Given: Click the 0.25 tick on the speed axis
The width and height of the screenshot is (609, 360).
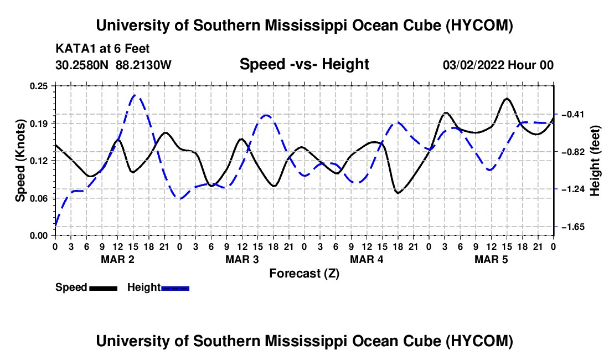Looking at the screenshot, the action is pyautogui.click(x=39, y=86).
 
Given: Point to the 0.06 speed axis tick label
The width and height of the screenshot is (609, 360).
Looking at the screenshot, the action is pyautogui.click(x=39, y=198).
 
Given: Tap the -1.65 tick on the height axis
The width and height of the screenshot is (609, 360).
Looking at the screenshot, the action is pyautogui.click(x=573, y=227).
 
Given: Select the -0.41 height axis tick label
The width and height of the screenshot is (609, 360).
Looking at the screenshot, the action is pyautogui.click(x=573, y=114).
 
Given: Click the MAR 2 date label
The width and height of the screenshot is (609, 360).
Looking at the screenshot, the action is pyautogui.click(x=118, y=259).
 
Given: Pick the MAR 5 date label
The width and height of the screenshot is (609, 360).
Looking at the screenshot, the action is pyautogui.click(x=491, y=259).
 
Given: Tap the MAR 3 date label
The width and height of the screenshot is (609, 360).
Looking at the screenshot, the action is pyautogui.click(x=242, y=259).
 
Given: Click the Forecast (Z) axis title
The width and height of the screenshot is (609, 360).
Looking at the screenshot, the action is pyautogui.click(x=304, y=274).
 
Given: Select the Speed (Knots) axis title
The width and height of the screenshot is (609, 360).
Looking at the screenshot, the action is pyautogui.click(x=20, y=161).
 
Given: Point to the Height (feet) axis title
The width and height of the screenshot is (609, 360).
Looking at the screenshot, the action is pyautogui.click(x=595, y=161).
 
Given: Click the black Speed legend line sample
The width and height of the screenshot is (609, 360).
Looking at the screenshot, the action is pyautogui.click(x=104, y=288).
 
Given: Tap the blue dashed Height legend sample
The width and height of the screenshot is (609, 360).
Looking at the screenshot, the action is pyautogui.click(x=175, y=288).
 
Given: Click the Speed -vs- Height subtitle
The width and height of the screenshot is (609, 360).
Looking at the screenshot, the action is pyautogui.click(x=304, y=64).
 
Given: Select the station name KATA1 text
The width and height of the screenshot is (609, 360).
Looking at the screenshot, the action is pyautogui.click(x=71, y=49).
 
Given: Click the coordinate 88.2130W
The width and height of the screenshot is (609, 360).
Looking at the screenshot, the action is pyautogui.click(x=143, y=65).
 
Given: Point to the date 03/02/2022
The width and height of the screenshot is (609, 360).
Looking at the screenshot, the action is pyautogui.click(x=473, y=65).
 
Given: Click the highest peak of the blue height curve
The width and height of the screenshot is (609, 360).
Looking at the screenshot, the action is pyautogui.click(x=134, y=95).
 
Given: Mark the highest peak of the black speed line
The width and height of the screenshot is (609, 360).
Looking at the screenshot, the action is pyautogui.click(x=507, y=99).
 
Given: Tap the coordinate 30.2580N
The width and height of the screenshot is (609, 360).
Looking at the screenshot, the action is pyautogui.click(x=82, y=65).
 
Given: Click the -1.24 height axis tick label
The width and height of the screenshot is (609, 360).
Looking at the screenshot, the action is pyautogui.click(x=573, y=189).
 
